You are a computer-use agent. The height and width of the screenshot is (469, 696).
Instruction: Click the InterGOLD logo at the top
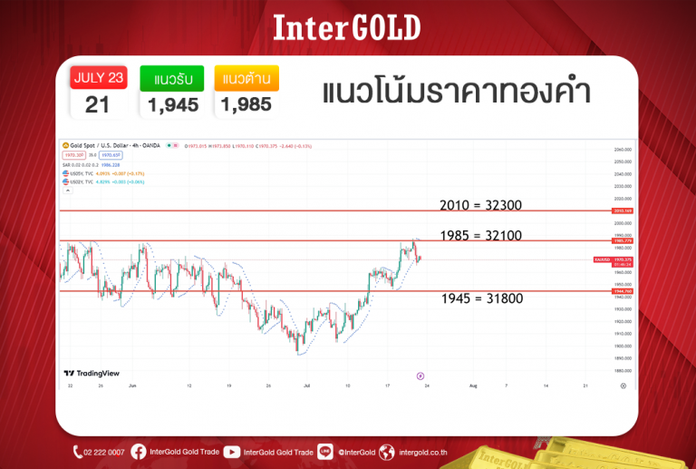347,27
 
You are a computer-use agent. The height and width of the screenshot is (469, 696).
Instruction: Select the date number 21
98,104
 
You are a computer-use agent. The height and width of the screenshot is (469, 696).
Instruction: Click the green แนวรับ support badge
171,77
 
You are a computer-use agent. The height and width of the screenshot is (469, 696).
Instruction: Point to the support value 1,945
171,104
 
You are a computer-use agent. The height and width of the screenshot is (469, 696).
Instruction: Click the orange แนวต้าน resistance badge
246,77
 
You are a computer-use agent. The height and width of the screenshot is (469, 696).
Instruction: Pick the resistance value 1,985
246,104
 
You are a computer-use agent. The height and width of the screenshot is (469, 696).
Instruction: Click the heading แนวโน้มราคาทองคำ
456,93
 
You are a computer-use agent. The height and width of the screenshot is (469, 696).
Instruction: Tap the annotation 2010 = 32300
479,205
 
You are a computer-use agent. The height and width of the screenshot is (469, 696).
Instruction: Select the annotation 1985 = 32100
479,235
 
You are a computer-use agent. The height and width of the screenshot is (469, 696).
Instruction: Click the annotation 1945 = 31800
481,298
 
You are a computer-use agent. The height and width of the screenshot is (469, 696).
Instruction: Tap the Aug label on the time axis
472,386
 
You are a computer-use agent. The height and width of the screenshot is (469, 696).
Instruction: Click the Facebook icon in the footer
139,452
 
